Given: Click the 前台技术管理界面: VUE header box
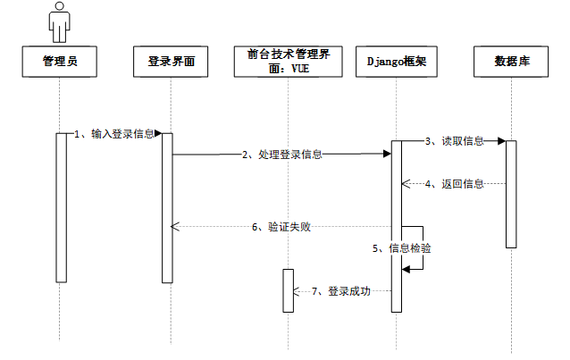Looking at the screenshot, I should tap(289, 62).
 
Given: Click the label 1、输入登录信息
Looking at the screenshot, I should tap(114, 134).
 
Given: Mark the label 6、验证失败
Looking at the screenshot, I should tap(281, 227).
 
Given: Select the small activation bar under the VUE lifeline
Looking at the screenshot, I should tap(289, 289).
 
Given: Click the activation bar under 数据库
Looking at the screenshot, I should tap(511, 193).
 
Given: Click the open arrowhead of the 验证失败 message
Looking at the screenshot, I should tap(176, 227).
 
